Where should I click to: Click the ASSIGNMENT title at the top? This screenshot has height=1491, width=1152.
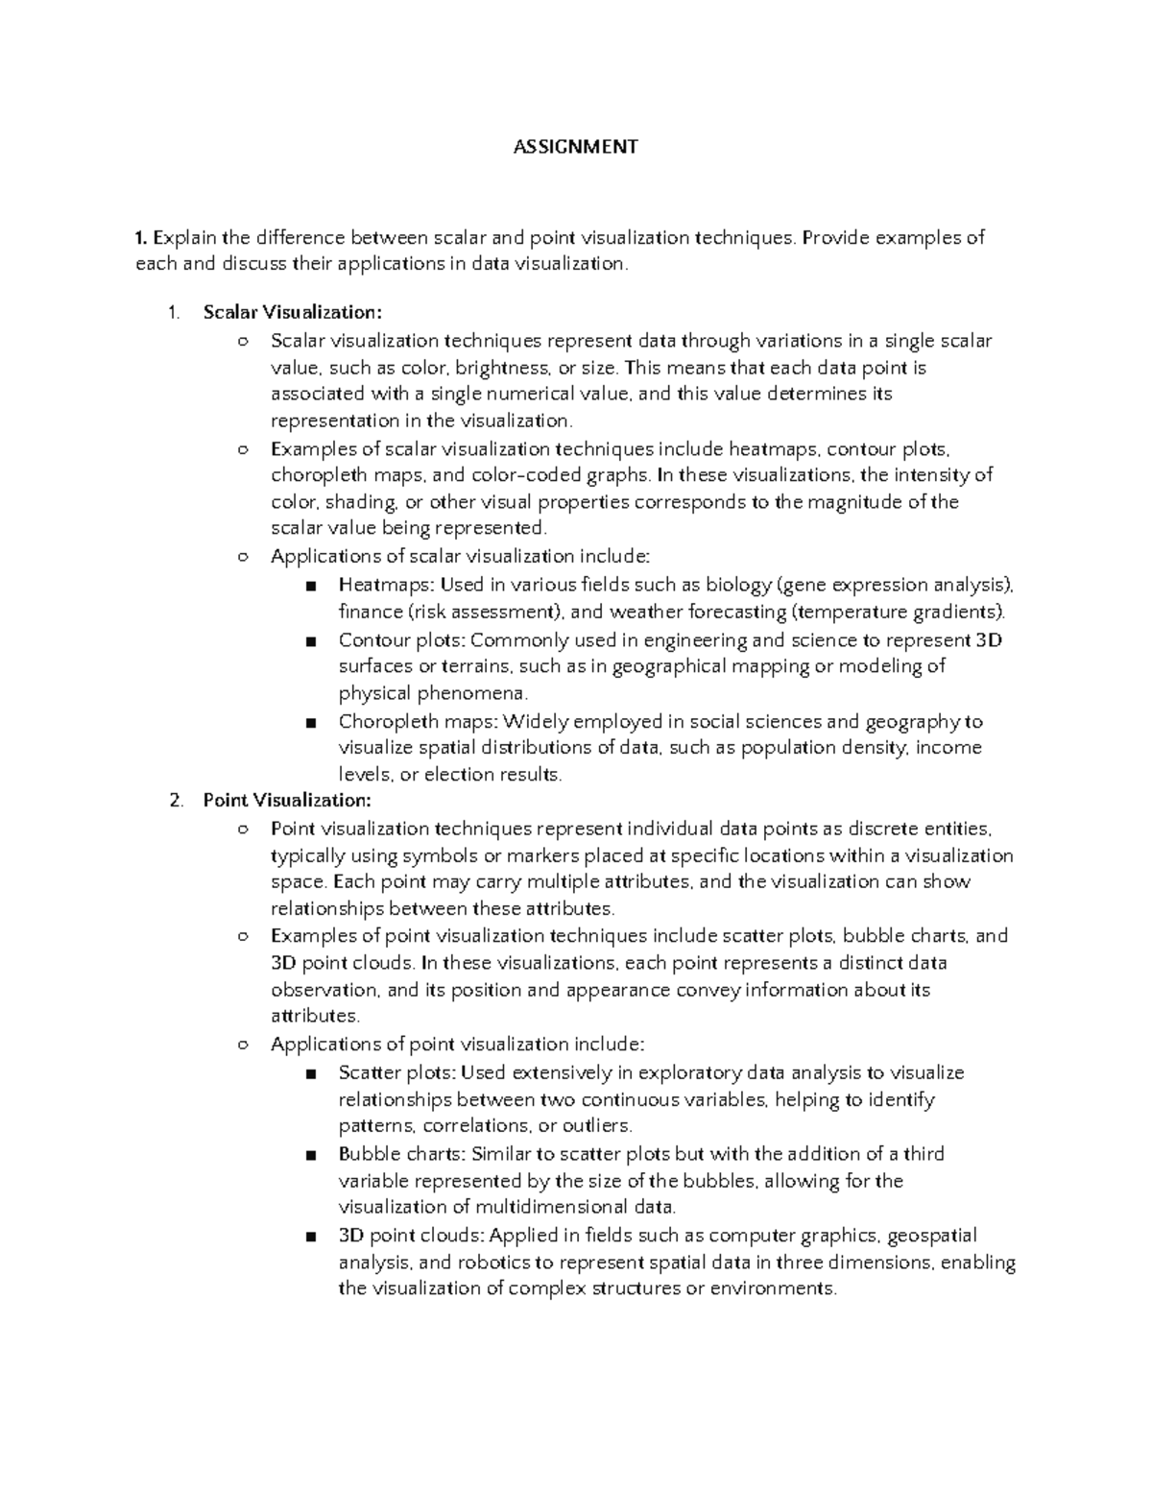pos(575,147)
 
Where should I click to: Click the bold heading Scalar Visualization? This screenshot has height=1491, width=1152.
pos(292,312)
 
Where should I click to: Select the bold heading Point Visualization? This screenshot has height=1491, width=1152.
pos(286,800)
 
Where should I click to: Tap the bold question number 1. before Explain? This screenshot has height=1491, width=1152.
pos(142,237)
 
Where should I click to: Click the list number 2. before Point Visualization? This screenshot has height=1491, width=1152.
pos(175,800)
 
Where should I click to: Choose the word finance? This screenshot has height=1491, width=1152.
pos(371,612)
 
